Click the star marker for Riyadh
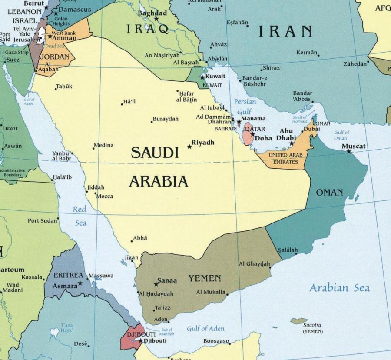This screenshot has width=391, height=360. click(x=189, y=147)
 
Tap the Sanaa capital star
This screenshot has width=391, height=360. click(x=156, y=284)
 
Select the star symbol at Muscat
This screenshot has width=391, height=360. click(x=348, y=151)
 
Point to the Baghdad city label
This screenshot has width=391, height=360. click(x=152, y=13)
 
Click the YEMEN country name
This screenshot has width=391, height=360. click(x=205, y=278)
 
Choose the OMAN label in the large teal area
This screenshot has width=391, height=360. click(x=329, y=193)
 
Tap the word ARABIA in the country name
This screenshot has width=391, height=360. click(x=159, y=181)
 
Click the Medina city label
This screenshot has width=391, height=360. click(x=103, y=145)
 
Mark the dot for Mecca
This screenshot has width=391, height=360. click(x=96, y=193)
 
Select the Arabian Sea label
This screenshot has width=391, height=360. click(x=339, y=288)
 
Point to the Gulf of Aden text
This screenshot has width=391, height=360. click(x=205, y=329)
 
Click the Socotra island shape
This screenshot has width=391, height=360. click(x=299, y=321)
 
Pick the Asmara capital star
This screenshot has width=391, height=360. click(x=80, y=283)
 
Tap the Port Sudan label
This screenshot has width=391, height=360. click(x=43, y=220)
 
